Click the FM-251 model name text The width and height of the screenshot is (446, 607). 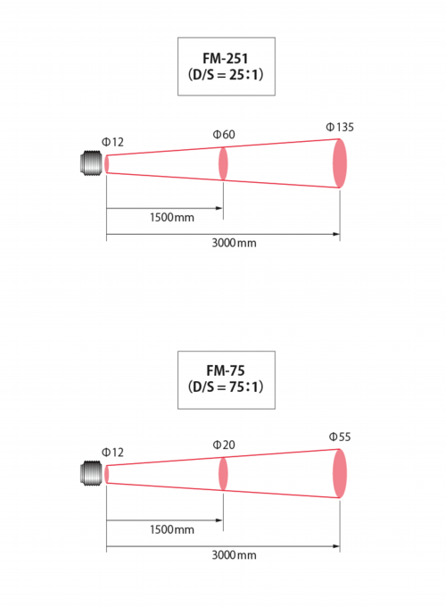click(x=225, y=58)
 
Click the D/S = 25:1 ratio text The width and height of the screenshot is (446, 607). click(x=226, y=74)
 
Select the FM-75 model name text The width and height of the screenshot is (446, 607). click(x=226, y=370)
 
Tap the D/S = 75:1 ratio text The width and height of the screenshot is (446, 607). click(x=226, y=387)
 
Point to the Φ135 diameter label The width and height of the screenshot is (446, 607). click(x=340, y=128)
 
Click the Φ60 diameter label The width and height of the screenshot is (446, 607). click(x=224, y=134)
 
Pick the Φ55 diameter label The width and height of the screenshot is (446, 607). click(x=340, y=437)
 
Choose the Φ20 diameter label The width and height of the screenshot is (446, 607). click(x=224, y=445)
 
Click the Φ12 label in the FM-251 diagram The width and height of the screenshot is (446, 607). click(x=112, y=142)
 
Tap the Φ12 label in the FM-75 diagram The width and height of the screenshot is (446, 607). click(x=112, y=453)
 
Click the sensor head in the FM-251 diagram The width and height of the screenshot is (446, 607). click(x=92, y=163)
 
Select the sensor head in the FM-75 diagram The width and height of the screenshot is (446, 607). click(x=92, y=473)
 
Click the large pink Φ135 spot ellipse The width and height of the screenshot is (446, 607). click(x=340, y=163)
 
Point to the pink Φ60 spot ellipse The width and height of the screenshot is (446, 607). click(x=223, y=163)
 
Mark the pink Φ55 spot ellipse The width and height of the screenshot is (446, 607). click(x=340, y=473)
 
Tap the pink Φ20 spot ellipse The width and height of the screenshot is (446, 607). click(x=223, y=474)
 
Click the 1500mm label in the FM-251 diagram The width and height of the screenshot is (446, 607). click(x=172, y=218)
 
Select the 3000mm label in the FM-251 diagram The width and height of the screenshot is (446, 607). click(x=234, y=243)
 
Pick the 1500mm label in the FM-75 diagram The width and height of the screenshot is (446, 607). click(x=172, y=529)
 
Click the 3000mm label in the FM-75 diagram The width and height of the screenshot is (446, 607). click(x=234, y=555)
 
